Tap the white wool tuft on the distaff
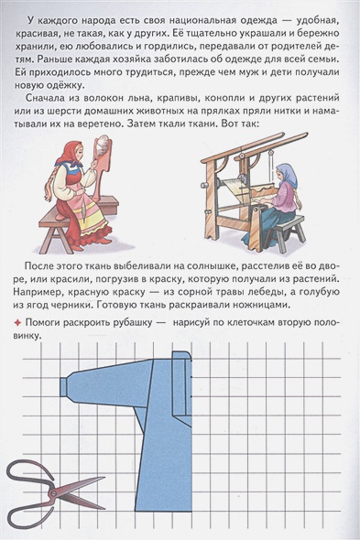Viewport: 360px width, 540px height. tap(102, 142)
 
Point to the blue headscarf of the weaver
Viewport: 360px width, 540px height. tap(289, 175)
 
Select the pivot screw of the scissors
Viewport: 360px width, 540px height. tap(54, 493)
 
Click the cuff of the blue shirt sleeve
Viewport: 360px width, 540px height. tap(64, 387)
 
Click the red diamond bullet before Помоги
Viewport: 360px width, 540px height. tap(18, 323)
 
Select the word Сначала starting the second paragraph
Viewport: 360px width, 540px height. tap(45, 98)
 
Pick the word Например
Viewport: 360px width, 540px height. tap(38, 292)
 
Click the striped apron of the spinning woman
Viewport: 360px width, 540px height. tap(87, 209)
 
